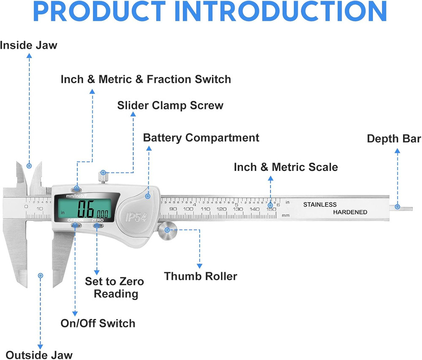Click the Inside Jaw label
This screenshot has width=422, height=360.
29,45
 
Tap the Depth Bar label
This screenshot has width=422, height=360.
394,139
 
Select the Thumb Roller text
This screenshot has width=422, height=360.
200,276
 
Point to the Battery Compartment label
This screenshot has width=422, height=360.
201,138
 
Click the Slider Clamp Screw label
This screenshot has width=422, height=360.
170,105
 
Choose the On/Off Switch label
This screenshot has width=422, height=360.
98,324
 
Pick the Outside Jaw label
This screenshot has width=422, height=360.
39,355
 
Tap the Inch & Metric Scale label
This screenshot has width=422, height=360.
286,167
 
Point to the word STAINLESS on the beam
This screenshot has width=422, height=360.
320,205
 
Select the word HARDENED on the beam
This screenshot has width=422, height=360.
350,212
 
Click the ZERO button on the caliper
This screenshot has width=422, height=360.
98,226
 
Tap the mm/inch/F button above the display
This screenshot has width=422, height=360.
77,189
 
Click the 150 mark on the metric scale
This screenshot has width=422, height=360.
271,209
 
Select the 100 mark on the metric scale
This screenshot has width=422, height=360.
189,209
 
